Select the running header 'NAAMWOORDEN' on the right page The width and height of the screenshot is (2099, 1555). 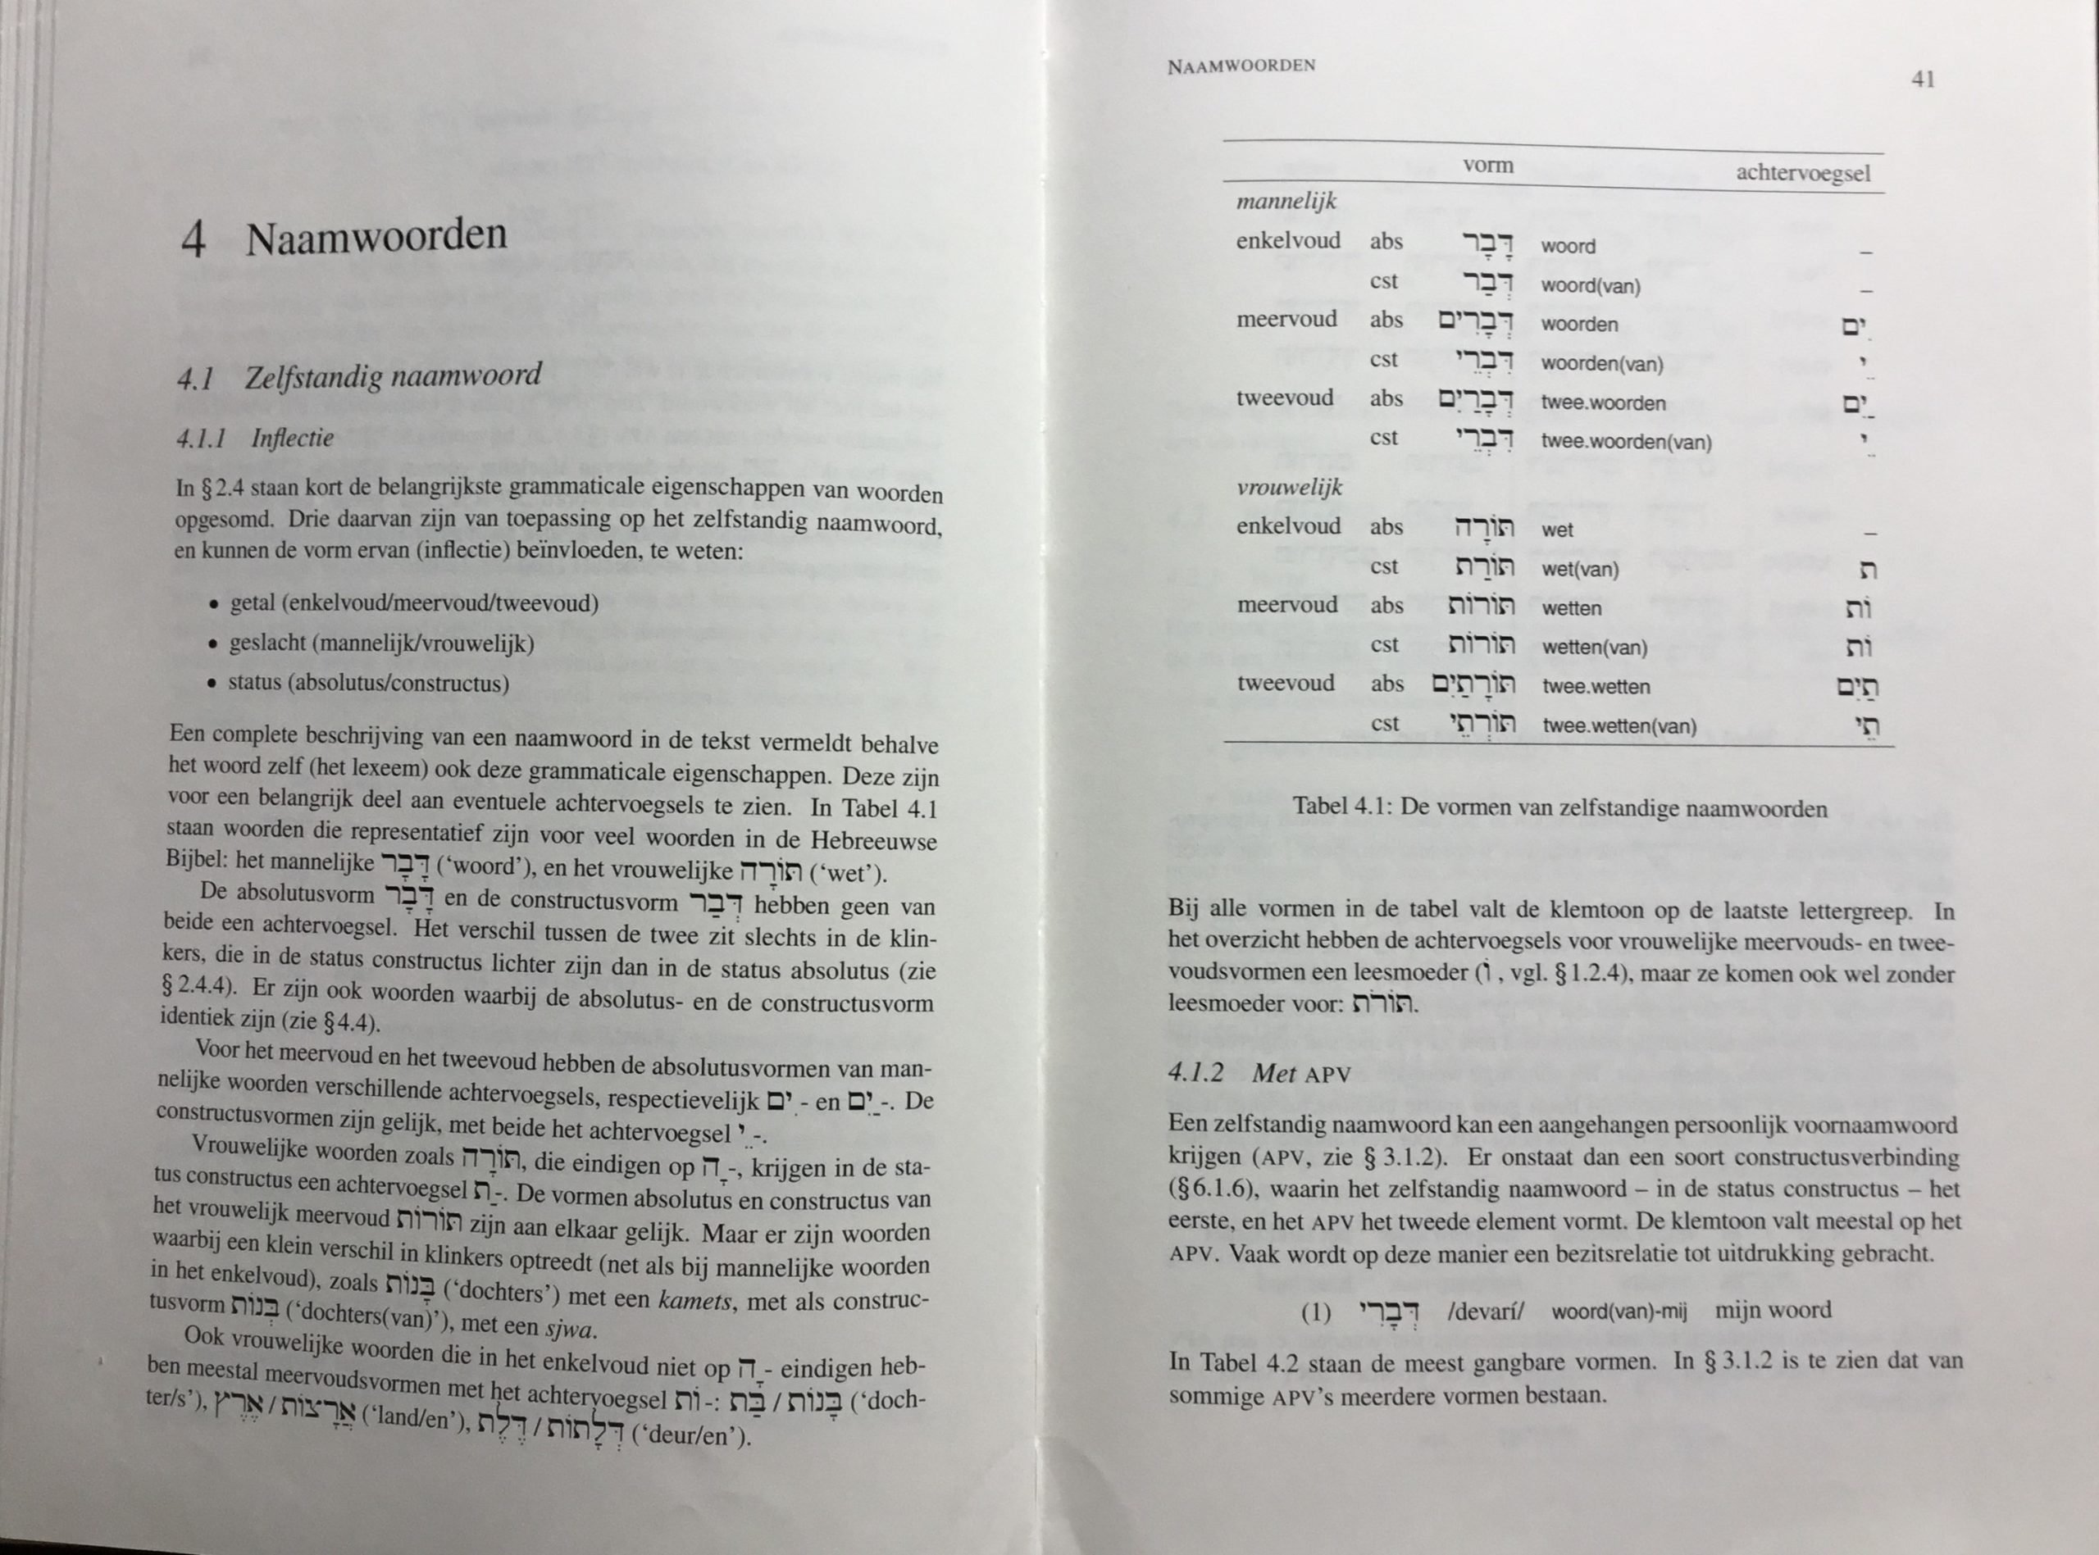click(x=1241, y=66)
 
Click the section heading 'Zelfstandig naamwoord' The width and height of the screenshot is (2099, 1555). click(x=393, y=376)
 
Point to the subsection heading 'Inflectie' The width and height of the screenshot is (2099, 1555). click(x=292, y=439)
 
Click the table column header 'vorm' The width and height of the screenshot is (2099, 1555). click(x=1488, y=166)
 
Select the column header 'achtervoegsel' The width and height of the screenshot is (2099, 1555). click(x=1802, y=173)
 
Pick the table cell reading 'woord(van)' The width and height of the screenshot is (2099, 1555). click(x=1590, y=286)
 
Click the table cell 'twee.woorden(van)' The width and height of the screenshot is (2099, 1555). click(x=1626, y=442)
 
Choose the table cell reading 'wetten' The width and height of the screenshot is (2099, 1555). click(x=1571, y=608)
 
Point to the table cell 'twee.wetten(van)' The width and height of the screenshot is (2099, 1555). click(x=1619, y=725)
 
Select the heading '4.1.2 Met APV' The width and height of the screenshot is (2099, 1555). click(x=1259, y=1074)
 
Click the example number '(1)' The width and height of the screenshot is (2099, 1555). click(x=1315, y=1312)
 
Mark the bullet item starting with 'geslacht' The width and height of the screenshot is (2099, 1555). click(x=381, y=643)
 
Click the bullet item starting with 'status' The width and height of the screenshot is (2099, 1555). click(x=368, y=684)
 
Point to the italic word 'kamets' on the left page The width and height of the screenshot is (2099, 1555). click(x=694, y=1300)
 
